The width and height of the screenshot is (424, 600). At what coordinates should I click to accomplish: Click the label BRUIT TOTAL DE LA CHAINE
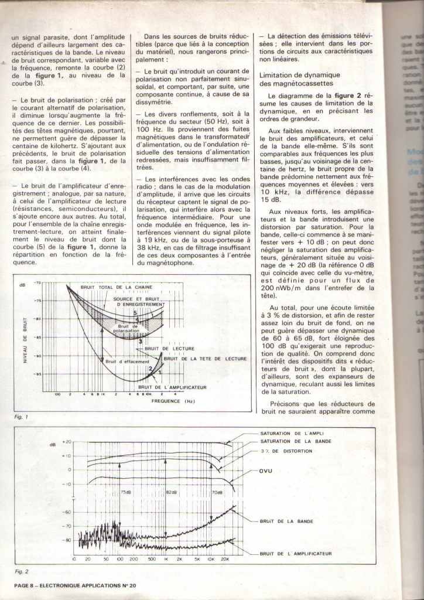(x=117, y=287)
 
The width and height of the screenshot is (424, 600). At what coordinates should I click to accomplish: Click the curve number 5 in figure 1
(x=134, y=313)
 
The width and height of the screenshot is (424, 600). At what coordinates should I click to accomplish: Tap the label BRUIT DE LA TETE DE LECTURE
(x=206, y=358)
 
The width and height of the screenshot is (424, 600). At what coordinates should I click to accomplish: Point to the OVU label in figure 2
(x=266, y=471)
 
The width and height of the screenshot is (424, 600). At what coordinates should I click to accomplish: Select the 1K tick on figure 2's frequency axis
(x=166, y=559)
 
